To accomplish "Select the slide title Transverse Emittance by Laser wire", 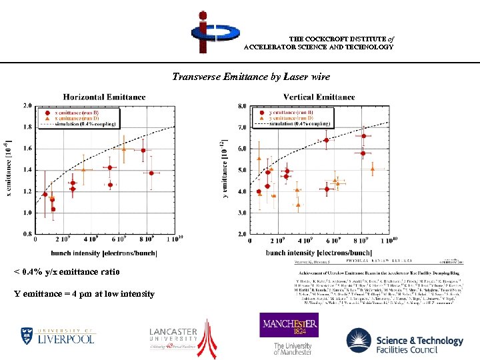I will click(x=251, y=77).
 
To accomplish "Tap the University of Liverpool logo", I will click(x=57, y=335).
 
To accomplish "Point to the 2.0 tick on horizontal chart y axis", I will click(x=27, y=105).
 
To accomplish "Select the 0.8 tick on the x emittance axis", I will click(x=27, y=234).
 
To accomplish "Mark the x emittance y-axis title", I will click(x=9, y=169).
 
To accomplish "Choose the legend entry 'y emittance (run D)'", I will click(x=288, y=118).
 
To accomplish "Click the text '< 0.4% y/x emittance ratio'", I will click(x=67, y=272).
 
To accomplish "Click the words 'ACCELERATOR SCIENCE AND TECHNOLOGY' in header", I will click(x=319, y=47).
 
